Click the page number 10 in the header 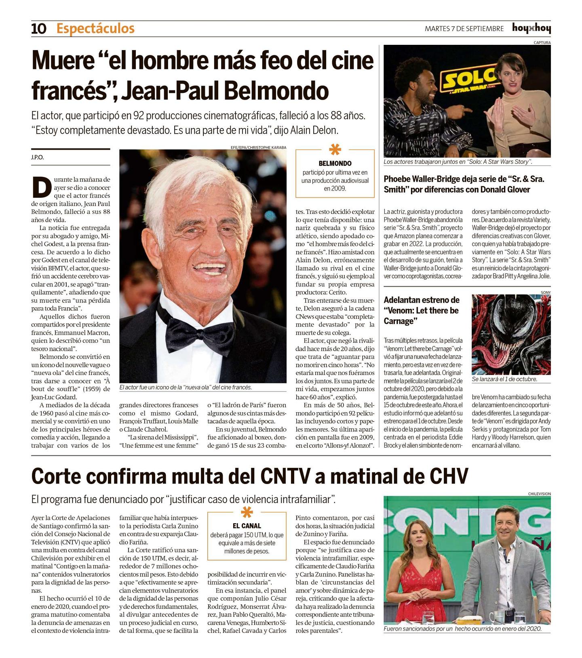[39, 29]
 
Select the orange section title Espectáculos [95, 29]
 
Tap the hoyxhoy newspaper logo [531, 28]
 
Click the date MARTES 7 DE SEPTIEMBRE [464, 29]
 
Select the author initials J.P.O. [37, 157]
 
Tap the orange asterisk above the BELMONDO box [335, 149]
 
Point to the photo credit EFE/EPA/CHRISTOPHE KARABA [258, 147]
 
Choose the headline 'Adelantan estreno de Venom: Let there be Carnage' [422, 310]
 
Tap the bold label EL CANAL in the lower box [247, 526]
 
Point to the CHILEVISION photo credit [539, 494]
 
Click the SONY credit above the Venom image [545, 292]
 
